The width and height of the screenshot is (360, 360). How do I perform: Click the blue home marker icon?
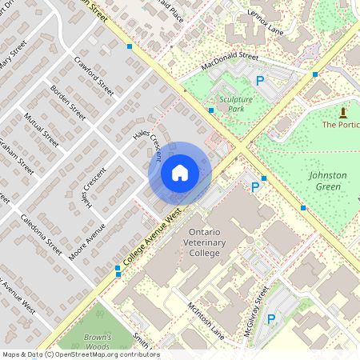[180, 173]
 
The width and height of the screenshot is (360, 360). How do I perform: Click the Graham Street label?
[17, 156]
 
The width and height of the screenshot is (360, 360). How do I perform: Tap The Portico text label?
[341, 125]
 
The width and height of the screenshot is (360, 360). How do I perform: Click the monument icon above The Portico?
[343, 111]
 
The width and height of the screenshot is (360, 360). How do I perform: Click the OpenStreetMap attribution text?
[80, 354]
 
